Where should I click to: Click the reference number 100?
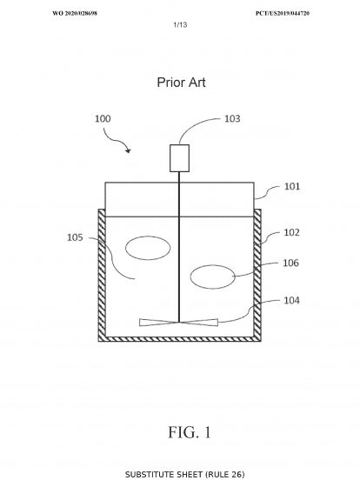pos(103,119)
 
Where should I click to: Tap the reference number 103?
pos(232,119)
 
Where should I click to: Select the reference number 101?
pos(292,186)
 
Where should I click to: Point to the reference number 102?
pos(291,233)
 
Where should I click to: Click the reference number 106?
pos(290,263)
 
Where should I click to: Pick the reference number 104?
pos(291,301)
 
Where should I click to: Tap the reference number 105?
pos(75,237)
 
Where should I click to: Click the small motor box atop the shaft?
pos(179,158)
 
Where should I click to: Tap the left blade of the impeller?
pos(158,323)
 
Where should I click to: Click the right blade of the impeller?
pos(199,323)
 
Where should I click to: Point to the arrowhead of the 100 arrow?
pos(129,150)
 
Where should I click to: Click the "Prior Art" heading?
pos(181,83)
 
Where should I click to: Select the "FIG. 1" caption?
pos(190,432)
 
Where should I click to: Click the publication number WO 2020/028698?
pos(75,13)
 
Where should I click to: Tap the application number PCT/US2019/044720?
pos(283,13)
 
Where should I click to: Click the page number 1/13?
pos(180,24)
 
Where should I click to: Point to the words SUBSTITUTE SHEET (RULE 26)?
pos(185,475)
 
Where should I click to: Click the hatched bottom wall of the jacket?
pos(180,339)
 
